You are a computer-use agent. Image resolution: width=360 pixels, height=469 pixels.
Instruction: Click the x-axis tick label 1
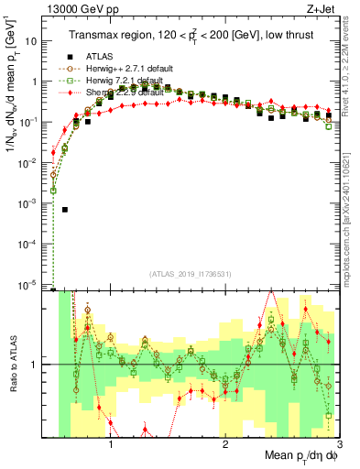111,444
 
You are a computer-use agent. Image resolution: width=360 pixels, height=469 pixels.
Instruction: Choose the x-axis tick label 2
225,444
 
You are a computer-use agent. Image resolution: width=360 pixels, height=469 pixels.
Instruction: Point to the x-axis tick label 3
338,444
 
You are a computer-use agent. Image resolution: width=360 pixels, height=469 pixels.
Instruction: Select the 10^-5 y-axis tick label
29,285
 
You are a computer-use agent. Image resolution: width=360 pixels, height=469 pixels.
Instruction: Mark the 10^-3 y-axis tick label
29,203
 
